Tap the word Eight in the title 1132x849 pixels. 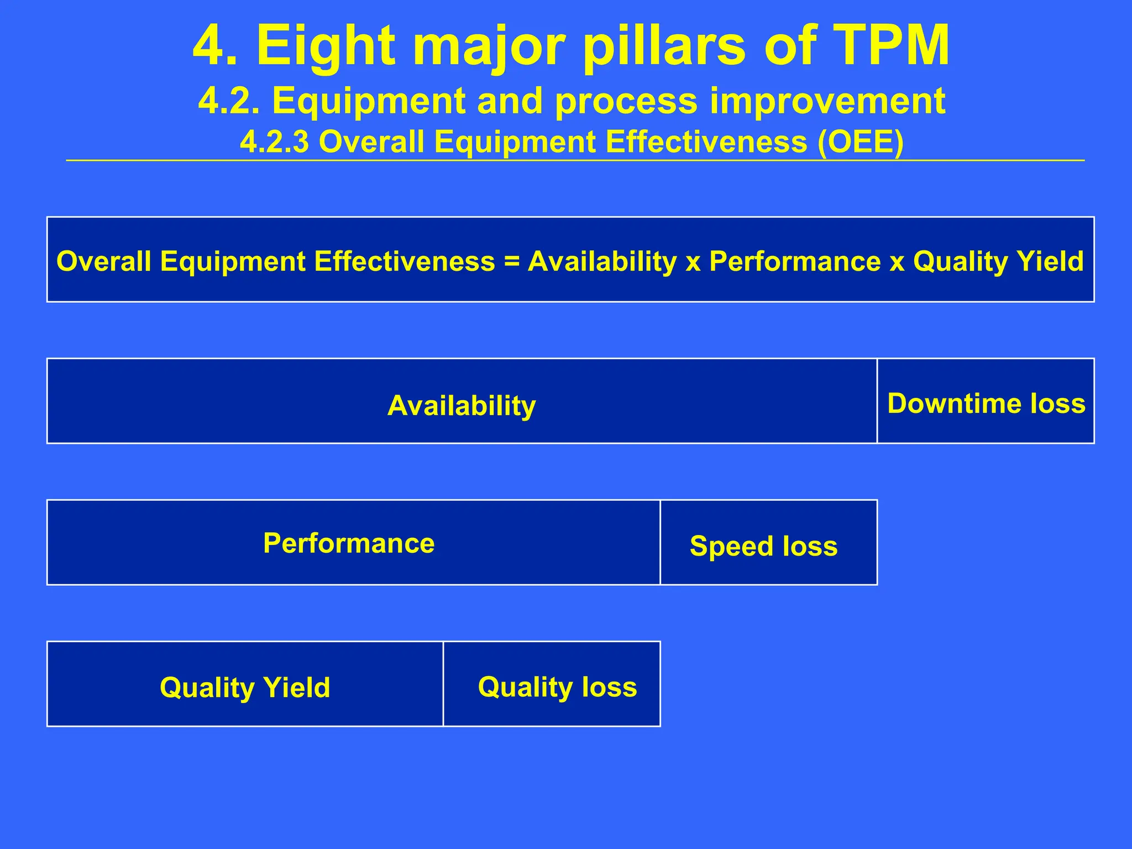[326, 46]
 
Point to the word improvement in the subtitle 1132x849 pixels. [827, 102]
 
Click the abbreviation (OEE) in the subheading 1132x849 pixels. [861, 142]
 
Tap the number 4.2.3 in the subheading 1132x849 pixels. [274, 142]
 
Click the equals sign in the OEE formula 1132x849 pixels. [512, 261]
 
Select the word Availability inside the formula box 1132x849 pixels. [602, 261]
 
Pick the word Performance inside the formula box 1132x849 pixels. [794, 261]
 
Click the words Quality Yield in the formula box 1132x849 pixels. [998, 261]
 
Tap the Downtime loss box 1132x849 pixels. [986, 403]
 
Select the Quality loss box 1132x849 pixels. [557, 687]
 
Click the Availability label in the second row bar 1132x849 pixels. [462, 406]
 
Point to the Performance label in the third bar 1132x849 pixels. [349, 543]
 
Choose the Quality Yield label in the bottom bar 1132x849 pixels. [245, 688]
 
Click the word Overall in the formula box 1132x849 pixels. [104, 261]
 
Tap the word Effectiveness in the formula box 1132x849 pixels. [404, 261]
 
